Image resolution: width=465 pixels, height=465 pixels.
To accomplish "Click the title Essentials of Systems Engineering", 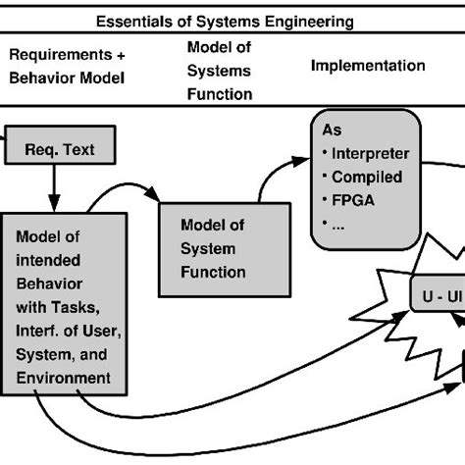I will (232, 20).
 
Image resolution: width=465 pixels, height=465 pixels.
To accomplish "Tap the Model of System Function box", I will (224, 249).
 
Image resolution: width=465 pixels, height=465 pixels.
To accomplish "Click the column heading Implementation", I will (367, 66).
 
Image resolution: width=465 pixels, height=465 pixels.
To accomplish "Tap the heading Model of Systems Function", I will (219, 71).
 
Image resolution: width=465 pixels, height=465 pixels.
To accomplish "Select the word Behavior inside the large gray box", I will (52, 284).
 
